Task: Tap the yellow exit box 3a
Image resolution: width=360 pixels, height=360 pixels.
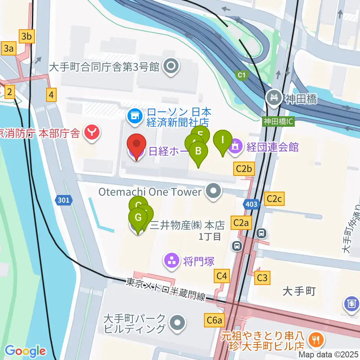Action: (x=9, y=48)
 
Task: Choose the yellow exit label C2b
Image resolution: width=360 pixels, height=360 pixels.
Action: (x=244, y=169)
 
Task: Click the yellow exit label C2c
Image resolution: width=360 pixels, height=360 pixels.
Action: (x=274, y=199)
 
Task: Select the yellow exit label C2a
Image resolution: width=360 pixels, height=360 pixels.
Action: (x=241, y=223)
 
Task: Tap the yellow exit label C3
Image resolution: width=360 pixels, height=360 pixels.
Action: (x=262, y=278)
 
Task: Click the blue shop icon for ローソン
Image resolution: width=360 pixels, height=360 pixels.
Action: (x=134, y=116)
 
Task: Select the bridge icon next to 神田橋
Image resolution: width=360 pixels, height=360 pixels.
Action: (x=274, y=99)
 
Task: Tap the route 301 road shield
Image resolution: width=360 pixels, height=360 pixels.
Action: (x=64, y=201)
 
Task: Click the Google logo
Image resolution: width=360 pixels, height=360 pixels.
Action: (x=25, y=351)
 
